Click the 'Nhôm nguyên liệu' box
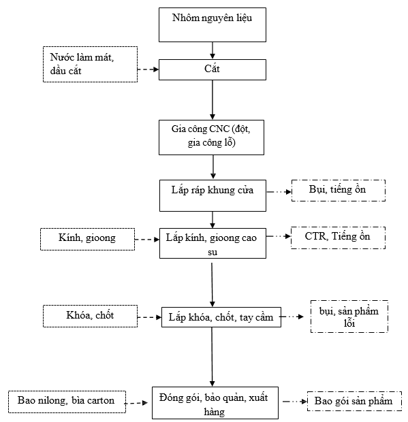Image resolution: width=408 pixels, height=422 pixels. (213, 25)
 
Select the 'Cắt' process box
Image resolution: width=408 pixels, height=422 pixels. (213, 69)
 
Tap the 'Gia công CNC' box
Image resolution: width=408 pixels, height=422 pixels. (211, 137)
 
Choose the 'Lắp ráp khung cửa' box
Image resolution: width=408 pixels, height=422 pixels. (213, 195)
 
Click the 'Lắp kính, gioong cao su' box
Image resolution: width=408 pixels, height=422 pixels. (213, 243)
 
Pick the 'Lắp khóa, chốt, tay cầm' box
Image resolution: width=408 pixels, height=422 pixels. (221, 317)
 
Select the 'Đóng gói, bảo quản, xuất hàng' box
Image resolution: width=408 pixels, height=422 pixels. (215, 403)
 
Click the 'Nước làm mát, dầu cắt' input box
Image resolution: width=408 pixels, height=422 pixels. (90, 65)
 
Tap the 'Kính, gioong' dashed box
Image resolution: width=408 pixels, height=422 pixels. (87, 240)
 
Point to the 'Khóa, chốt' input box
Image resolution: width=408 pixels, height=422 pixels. (90, 316)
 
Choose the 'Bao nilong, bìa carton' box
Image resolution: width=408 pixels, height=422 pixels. (67, 402)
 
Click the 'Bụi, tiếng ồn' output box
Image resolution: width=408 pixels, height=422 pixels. (339, 191)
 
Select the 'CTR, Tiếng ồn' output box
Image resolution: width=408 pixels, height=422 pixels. (338, 238)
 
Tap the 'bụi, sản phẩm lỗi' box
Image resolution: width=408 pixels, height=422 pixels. (349, 316)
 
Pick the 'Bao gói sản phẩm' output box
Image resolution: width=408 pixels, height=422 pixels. (354, 401)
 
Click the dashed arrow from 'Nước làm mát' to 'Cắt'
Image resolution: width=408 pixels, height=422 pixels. (148, 69)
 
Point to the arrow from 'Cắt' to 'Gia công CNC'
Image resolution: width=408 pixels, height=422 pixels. (213, 100)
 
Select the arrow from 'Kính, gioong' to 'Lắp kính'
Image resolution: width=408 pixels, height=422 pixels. (147, 240)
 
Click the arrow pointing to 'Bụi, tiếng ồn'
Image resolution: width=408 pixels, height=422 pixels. (279, 192)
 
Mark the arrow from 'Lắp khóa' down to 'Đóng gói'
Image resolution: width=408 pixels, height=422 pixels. (212, 357)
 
